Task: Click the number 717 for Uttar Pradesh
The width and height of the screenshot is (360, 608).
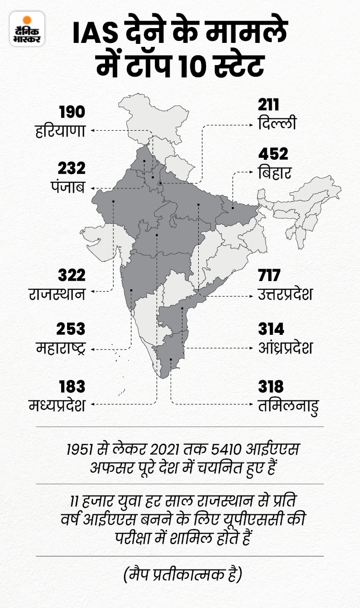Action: (269, 275)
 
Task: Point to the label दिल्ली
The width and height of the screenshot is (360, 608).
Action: (277, 123)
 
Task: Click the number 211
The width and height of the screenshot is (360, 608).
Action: (268, 105)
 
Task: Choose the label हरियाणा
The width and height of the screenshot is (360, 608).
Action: (61, 132)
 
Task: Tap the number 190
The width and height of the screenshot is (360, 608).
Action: (72, 111)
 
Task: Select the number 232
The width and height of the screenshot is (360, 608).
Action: (72, 168)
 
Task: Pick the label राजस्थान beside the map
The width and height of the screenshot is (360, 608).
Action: (57, 294)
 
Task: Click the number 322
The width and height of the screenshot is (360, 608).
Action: (72, 275)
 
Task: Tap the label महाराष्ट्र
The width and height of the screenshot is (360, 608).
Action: (61, 348)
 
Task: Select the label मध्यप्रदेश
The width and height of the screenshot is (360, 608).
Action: (57, 405)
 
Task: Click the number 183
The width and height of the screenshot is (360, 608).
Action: (72, 386)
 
